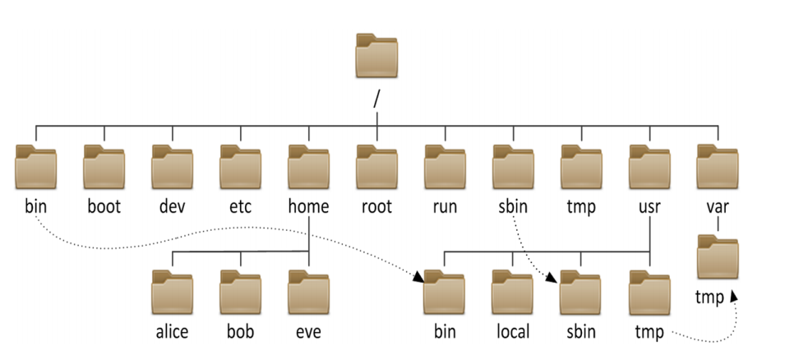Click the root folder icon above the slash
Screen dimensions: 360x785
376,58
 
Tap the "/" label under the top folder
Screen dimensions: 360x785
376,98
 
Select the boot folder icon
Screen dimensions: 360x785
104,168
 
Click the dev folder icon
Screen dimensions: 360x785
172,168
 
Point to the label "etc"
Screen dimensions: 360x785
240,205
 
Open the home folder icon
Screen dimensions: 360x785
308,168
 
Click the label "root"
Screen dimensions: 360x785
376,205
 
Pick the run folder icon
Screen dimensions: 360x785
445,168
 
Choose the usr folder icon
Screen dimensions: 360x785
649,168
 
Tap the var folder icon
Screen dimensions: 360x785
718,168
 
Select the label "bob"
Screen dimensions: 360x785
240,331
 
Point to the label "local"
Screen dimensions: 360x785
513,331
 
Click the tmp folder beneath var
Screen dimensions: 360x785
718,258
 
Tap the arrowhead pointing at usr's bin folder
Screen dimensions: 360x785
418,279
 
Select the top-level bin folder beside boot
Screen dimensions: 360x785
35,168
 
